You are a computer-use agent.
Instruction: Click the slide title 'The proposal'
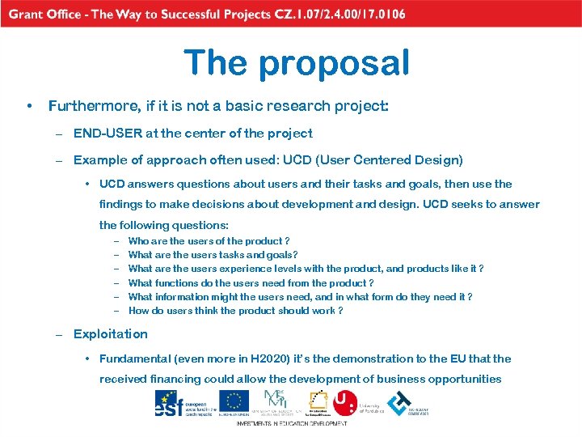point(297,62)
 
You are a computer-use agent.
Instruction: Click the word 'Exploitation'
point(111,334)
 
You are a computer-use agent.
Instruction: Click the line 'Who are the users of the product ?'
point(209,241)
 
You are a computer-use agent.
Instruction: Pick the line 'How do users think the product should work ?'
point(235,311)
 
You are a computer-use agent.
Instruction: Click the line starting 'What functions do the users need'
point(251,283)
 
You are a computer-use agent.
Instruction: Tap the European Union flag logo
point(235,401)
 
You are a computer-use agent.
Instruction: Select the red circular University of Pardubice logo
point(345,402)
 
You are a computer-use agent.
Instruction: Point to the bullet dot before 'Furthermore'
point(29,106)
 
